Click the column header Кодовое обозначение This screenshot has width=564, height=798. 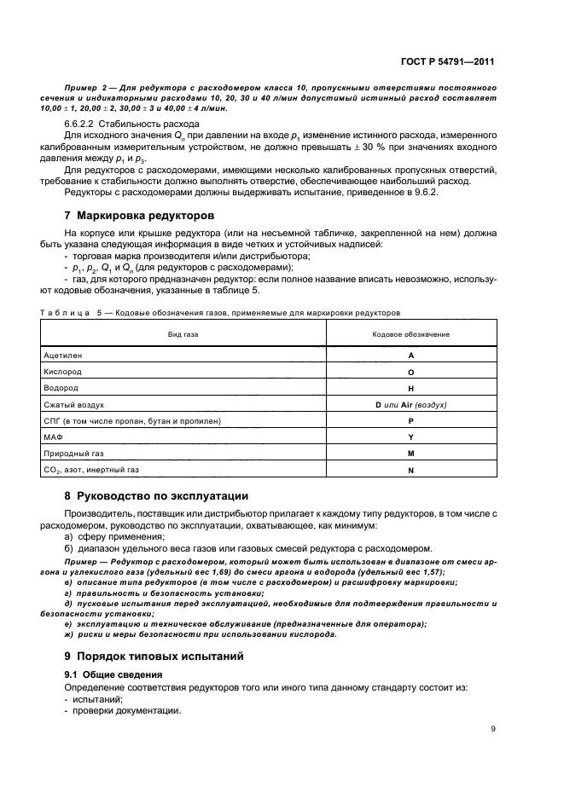click(410, 335)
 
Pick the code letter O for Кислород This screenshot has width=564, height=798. click(410, 372)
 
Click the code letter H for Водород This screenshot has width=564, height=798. click(410, 388)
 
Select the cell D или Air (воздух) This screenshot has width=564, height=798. click(410, 404)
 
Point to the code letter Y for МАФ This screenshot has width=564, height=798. click(410, 437)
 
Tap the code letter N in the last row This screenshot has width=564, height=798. click(410, 470)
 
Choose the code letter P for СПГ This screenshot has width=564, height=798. click(410, 421)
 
